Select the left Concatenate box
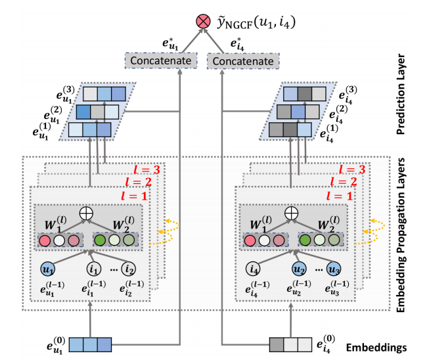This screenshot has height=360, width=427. pyautogui.click(x=160, y=62)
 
